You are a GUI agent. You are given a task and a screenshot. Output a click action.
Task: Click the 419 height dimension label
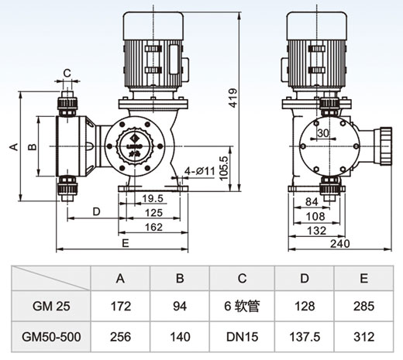coord(233,98)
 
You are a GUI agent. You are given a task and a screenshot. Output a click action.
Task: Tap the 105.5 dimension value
coord(224,168)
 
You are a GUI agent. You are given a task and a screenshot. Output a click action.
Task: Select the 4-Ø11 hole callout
coord(200,171)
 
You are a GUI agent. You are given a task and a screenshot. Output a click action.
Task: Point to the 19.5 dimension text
coord(153,198)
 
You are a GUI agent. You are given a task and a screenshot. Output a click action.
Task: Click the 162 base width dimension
coord(153,227)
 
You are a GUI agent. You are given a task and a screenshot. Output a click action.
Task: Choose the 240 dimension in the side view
coord(340,243)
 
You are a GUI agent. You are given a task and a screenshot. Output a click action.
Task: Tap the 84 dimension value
coord(312,202)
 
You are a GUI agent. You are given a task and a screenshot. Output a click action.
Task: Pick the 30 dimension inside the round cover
coord(323,133)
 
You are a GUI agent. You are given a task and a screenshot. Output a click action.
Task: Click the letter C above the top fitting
coord(67,74)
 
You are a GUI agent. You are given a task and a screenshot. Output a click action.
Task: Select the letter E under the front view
coord(126,243)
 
